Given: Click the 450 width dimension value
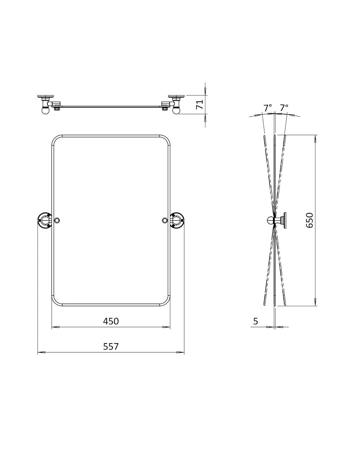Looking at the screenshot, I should [111, 321].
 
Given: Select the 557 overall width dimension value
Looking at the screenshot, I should [111, 346].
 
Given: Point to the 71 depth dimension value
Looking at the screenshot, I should [200, 104].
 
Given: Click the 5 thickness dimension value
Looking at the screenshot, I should [255, 321].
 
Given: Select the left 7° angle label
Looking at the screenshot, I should [267, 107].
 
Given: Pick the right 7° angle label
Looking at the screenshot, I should [284, 107].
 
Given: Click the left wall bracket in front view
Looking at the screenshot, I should [45, 220].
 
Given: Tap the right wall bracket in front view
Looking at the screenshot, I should [177, 220].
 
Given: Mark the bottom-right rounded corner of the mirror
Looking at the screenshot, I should [165, 301].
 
